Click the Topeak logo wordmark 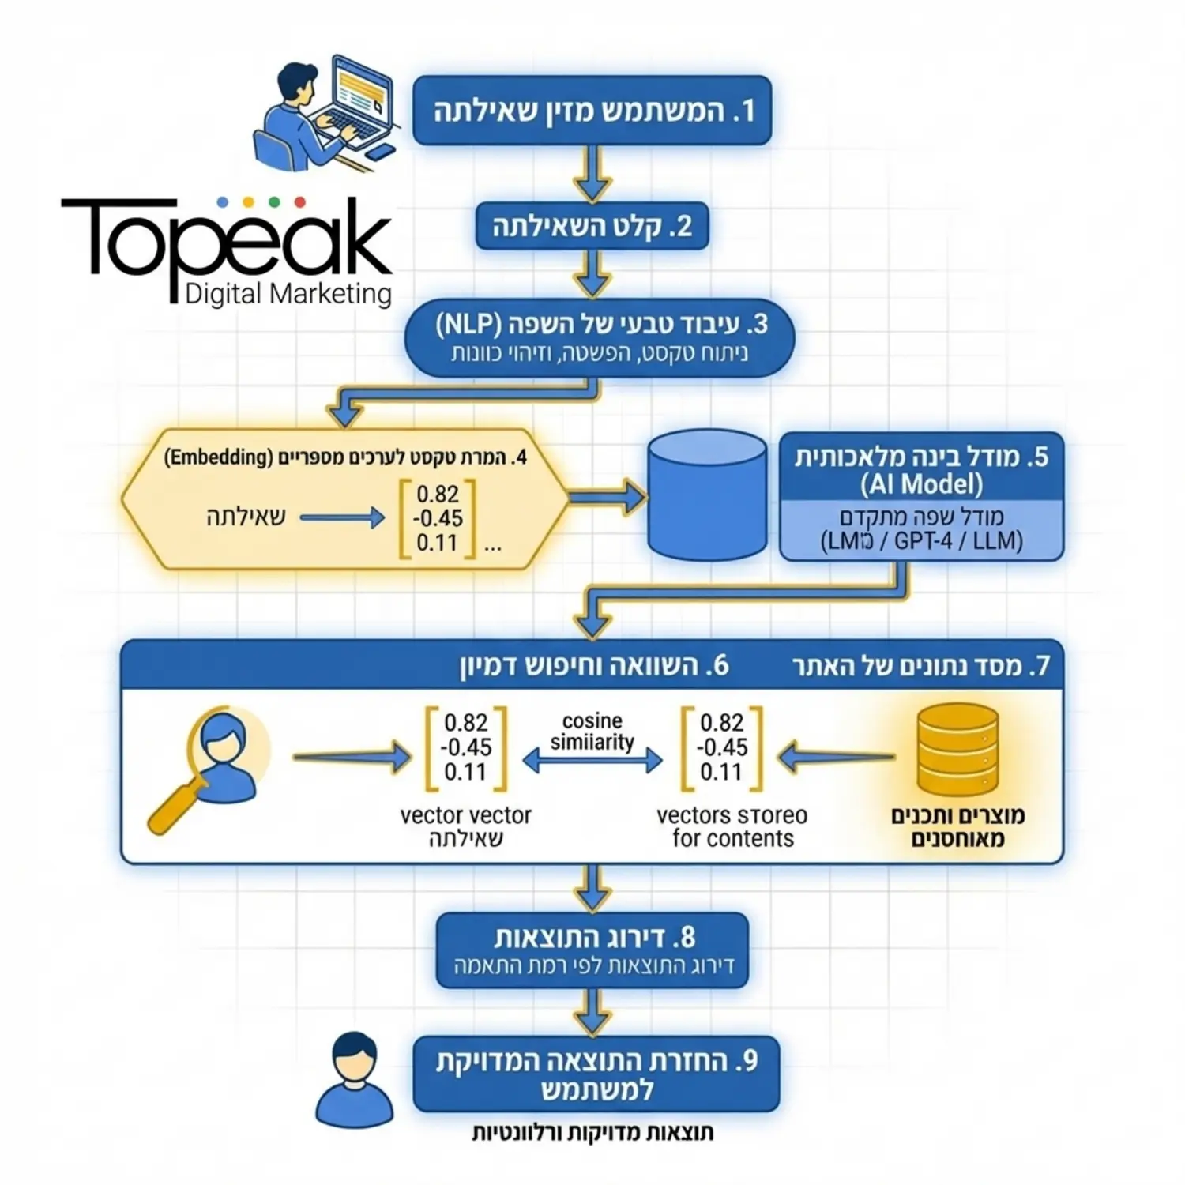click(x=227, y=239)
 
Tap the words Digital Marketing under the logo click(x=288, y=294)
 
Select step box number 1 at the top click(x=592, y=111)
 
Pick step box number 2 click(x=592, y=227)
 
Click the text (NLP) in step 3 click(x=468, y=325)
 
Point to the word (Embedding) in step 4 click(x=217, y=457)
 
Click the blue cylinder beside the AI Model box click(x=706, y=495)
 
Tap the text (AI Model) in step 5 click(x=921, y=484)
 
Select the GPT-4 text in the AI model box click(x=923, y=542)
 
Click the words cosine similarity click(x=592, y=732)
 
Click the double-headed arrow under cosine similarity click(x=592, y=761)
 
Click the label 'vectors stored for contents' click(x=732, y=826)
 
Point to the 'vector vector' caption click(x=465, y=815)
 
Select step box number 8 click(x=592, y=950)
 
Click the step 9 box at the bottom click(x=596, y=1074)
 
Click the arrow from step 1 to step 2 click(x=592, y=174)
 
